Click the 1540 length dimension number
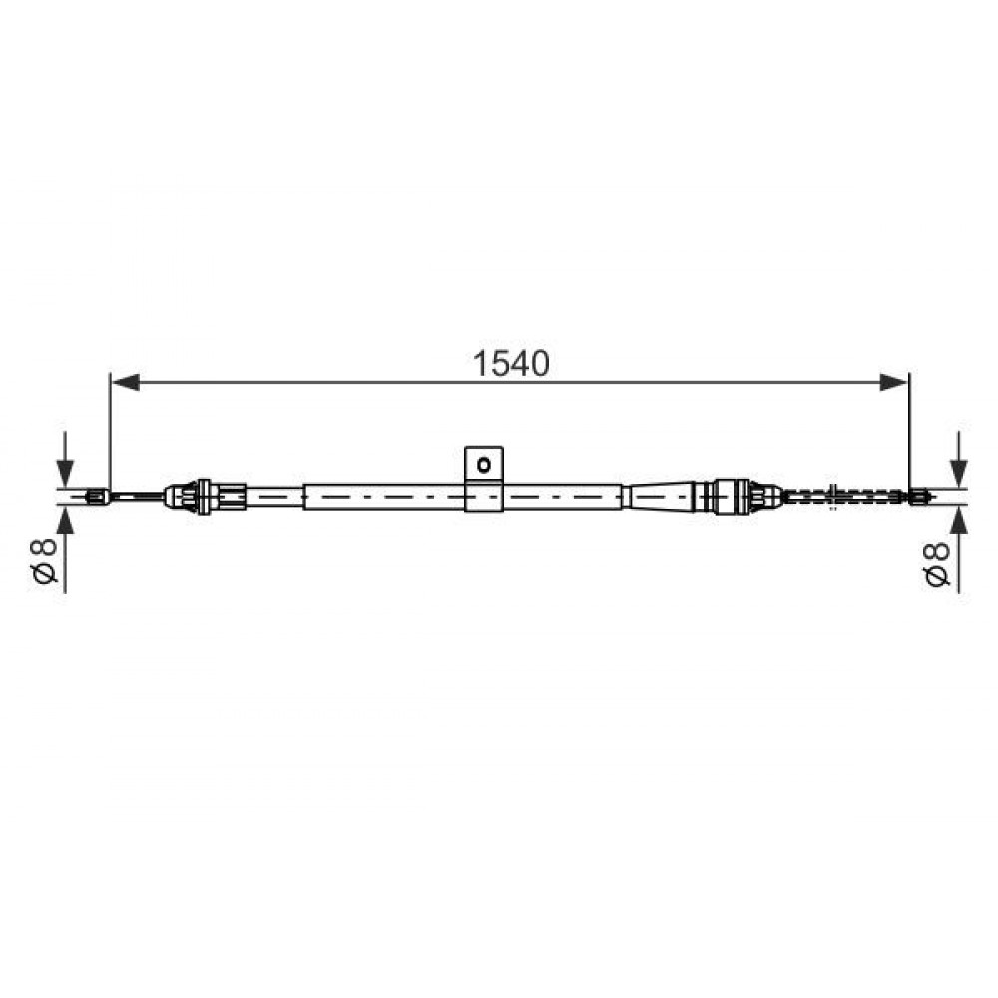coord(510,364)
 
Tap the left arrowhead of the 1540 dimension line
coord(125,382)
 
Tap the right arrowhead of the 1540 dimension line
coord(894,382)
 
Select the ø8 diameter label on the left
coord(46,560)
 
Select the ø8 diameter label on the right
coord(937,563)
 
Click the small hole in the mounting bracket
coord(484,465)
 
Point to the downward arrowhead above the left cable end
coord(65,473)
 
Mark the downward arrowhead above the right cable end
coord(960,473)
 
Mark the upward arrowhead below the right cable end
coord(960,519)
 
